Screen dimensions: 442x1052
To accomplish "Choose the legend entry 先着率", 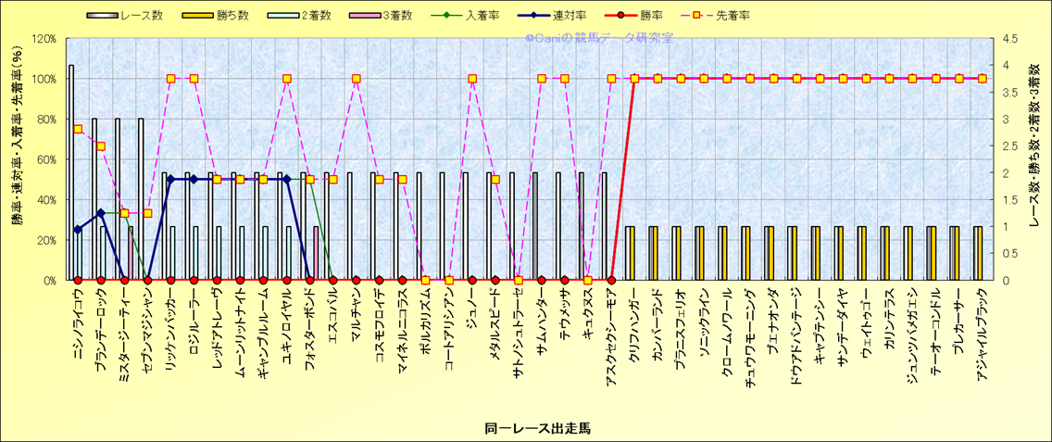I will pos(733,16).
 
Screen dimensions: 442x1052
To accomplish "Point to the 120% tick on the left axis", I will pos(44,39).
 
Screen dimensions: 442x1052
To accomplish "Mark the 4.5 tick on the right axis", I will pos(1003,39).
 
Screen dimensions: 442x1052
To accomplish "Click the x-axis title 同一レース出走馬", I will pos(537,428).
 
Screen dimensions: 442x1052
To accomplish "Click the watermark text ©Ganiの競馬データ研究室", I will pos(598,38).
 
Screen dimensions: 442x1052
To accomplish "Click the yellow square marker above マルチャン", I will pos(356,79).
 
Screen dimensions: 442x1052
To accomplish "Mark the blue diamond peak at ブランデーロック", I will pos(101,213).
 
